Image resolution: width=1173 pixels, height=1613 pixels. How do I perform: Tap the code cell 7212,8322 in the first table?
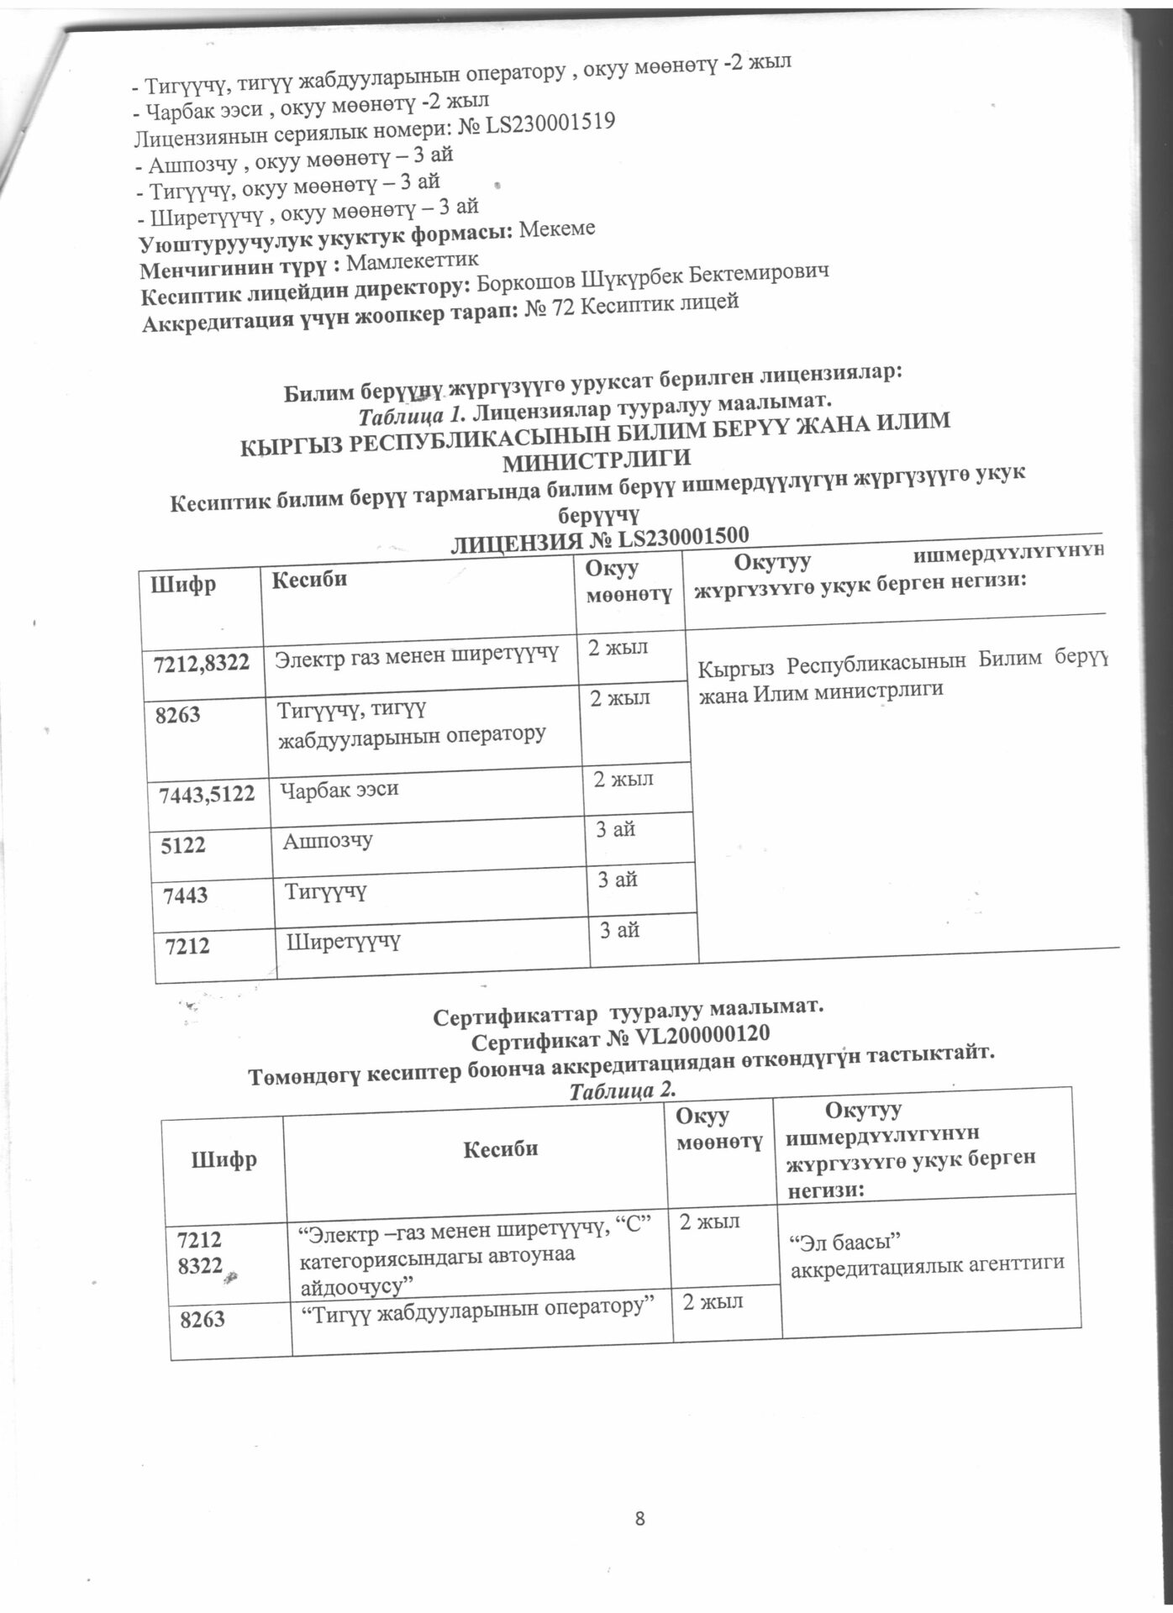click(x=203, y=662)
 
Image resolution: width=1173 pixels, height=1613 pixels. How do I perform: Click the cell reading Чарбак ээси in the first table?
click(x=339, y=790)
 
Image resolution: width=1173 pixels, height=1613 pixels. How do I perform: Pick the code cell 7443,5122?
click(x=208, y=792)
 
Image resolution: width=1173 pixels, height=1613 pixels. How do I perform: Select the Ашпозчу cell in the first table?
click(x=328, y=840)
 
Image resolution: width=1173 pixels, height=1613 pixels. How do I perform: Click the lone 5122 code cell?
click(x=184, y=844)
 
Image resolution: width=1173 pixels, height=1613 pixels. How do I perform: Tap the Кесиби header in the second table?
click(x=500, y=1148)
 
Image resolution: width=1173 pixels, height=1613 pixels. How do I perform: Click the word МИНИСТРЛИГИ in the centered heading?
click(x=596, y=459)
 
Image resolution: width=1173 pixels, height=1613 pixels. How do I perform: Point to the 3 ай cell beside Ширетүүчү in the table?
click(x=619, y=930)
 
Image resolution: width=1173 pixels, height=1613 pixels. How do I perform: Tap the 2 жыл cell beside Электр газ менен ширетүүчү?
click(x=618, y=648)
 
